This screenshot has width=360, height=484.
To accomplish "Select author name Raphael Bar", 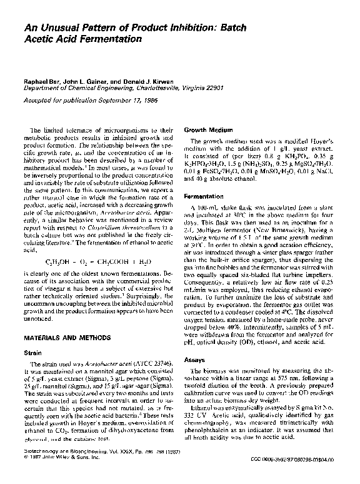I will tap(41, 82).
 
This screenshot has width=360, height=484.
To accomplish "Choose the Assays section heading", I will tap(195, 360).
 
